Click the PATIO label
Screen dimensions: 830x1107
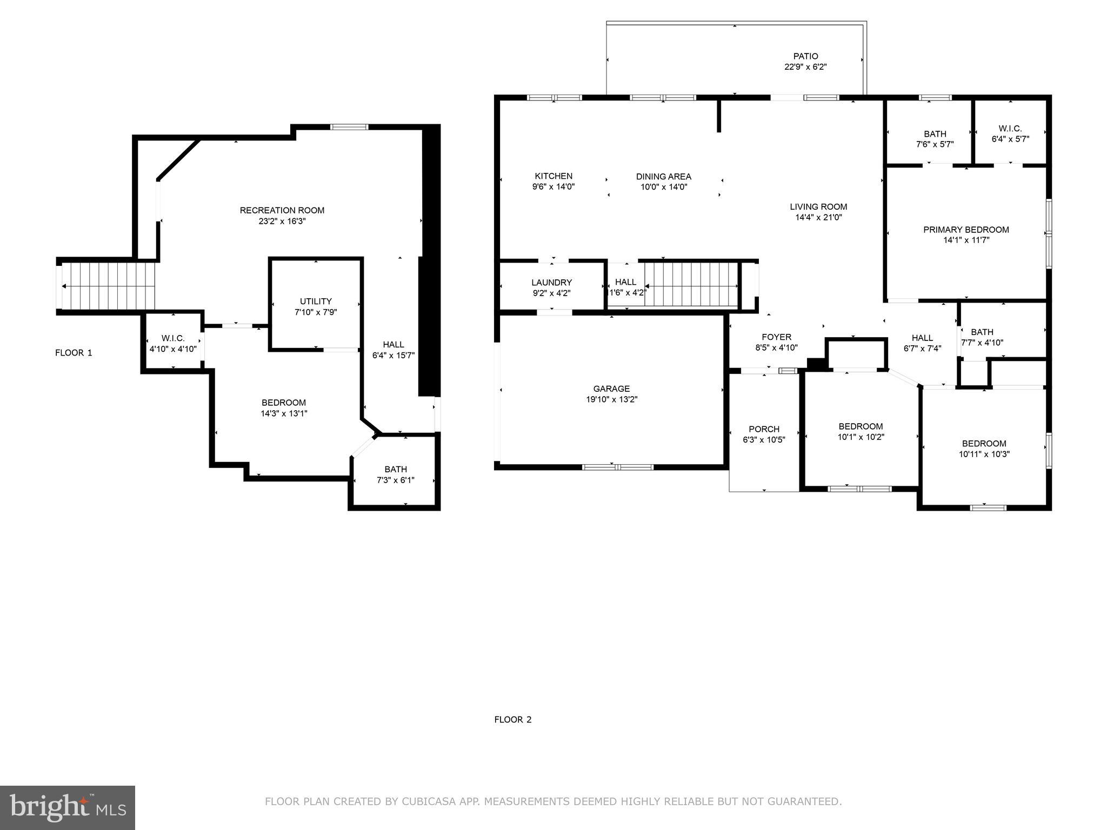[805, 56]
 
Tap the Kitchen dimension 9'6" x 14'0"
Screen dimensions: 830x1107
[553, 187]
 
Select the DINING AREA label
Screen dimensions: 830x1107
[663, 177]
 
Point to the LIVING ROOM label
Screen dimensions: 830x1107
[818, 206]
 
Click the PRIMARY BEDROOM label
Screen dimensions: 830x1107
[966, 230]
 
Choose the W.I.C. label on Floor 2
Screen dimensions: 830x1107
[1010, 129]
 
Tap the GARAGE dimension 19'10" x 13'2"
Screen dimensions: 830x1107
[611, 399]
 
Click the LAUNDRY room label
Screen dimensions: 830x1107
[551, 283]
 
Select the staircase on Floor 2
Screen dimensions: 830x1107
[692, 284]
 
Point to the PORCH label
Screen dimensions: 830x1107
[764, 430]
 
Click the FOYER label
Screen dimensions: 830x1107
[776, 337]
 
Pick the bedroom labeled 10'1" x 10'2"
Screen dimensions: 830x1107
[861, 432]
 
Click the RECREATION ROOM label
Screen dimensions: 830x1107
[282, 210]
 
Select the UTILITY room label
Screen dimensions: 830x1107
[316, 302]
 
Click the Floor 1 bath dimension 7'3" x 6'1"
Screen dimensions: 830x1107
[396, 480]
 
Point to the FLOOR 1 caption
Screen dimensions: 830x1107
[74, 353]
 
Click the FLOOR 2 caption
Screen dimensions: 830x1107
[512, 719]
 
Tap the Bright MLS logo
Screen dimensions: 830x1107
[67, 807]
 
